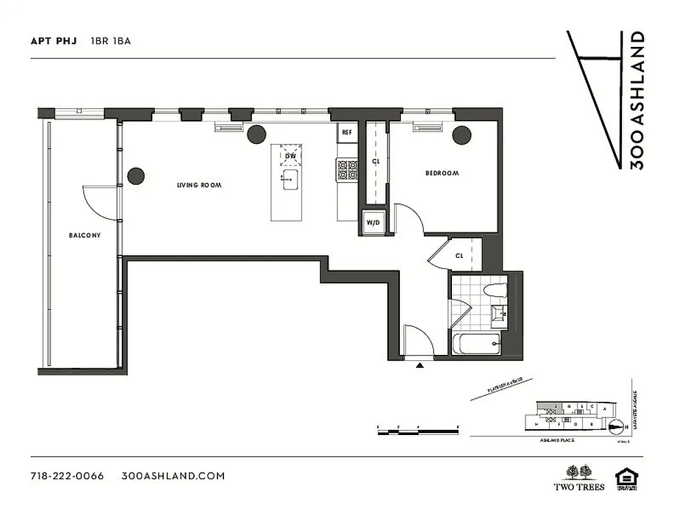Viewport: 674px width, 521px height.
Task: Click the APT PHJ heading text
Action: (x=53, y=41)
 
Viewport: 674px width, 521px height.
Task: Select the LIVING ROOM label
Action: (x=199, y=186)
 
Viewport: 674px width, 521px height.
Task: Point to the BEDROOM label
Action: (x=442, y=173)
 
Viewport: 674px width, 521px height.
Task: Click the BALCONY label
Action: (x=85, y=235)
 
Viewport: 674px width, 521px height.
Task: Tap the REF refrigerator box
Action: (x=347, y=133)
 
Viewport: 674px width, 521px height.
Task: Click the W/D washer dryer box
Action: (x=374, y=222)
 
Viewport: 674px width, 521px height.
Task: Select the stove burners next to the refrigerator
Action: (x=347, y=171)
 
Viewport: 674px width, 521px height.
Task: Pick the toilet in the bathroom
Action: (x=496, y=292)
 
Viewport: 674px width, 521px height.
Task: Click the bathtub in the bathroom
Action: (x=476, y=343)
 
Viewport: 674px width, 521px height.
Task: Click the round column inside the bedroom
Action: (x=462, y=135)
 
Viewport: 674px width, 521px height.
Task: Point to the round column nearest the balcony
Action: (x=135, y=176)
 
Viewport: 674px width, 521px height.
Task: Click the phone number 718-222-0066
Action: (x=67, y=476)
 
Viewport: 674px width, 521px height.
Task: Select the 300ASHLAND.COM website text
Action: (x=173, y=476)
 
